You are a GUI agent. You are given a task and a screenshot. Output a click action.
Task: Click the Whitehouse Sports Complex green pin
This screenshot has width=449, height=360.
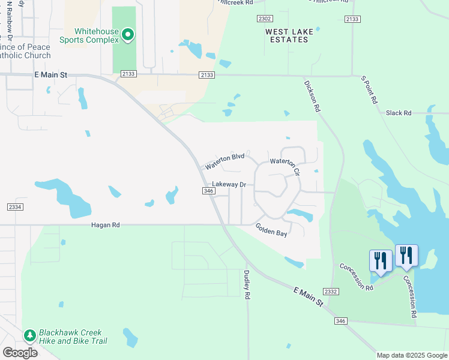[128, 35]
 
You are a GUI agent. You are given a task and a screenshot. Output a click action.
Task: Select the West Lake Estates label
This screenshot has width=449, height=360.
[287, 35]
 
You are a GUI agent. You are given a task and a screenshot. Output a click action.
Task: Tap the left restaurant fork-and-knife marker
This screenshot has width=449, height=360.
[381, 261]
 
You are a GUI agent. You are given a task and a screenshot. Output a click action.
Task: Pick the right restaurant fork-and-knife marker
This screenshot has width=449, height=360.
[406, 256]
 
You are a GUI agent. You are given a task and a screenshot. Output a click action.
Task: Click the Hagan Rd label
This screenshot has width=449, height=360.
[106, 225]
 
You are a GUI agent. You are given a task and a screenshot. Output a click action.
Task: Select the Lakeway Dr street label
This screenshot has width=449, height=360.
[229, 184]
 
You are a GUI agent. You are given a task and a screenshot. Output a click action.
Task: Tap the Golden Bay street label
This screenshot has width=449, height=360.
[271, 230]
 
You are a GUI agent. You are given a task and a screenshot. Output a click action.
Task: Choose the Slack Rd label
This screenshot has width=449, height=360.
[399, 113]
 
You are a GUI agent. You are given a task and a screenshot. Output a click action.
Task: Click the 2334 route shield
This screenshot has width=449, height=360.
[15, 207]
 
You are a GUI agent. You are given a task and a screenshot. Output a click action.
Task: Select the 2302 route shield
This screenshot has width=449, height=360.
[265, 19]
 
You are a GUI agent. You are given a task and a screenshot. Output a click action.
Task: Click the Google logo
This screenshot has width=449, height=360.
[20, 352]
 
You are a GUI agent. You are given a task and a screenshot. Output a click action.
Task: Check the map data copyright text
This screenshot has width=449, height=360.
[411, 355]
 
